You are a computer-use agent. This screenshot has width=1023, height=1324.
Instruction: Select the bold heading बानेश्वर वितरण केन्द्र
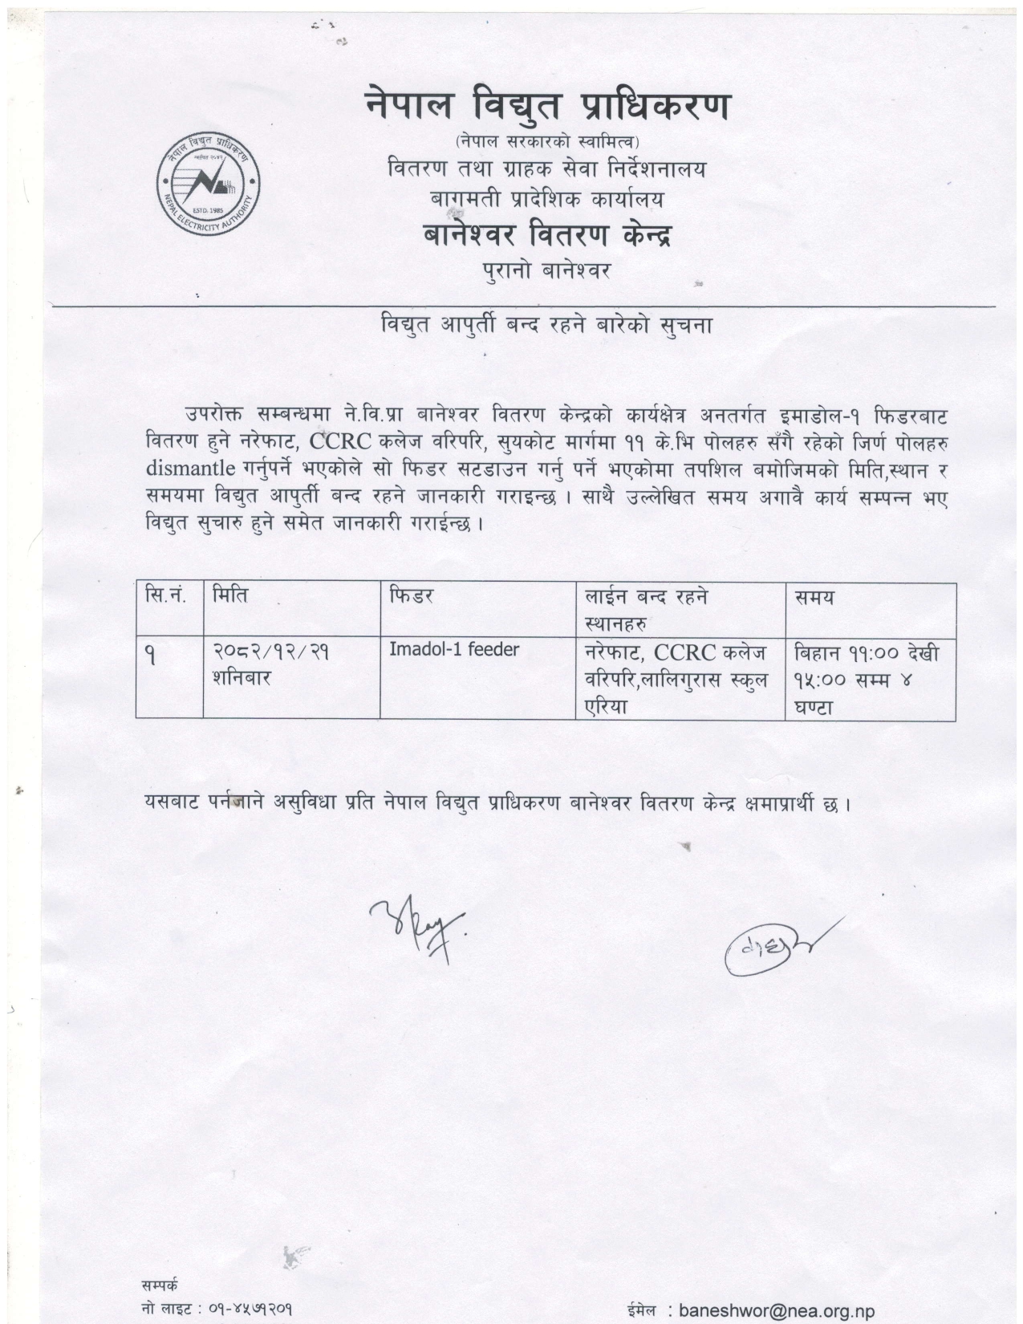point(546,235)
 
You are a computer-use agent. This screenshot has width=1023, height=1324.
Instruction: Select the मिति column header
point(230,596)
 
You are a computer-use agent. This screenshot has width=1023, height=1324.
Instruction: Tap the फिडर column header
point(412,596)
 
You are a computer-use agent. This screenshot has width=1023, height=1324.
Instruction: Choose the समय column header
point(814,597)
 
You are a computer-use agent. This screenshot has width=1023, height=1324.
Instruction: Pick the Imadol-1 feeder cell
point(454,649)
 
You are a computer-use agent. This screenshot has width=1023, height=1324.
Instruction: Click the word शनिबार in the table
point(242,678)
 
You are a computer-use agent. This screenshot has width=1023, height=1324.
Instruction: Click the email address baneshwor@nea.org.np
point(776,1311)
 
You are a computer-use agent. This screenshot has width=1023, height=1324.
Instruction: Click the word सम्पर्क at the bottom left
point(160,1285)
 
